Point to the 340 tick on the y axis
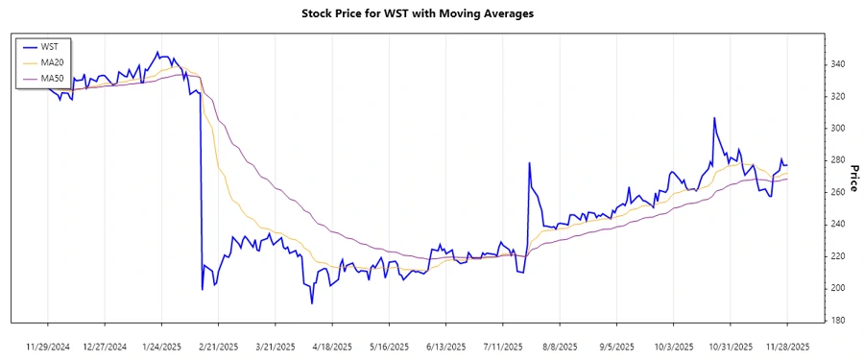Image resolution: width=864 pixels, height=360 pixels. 838,64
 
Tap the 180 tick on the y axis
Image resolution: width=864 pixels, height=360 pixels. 838,320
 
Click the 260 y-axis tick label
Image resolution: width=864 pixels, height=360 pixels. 838,192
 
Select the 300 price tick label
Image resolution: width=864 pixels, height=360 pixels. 838,128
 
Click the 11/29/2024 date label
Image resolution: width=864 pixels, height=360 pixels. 47,346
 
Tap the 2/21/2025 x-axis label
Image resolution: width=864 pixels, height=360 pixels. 219,346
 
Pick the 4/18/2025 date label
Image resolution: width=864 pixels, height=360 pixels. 332,346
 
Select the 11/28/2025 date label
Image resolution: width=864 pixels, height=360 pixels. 787,346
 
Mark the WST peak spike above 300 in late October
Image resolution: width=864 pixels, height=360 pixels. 714,118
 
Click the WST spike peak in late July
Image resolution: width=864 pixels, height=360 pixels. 530,163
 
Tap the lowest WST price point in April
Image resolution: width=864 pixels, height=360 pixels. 312,303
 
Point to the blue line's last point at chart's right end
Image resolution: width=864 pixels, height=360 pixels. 788,165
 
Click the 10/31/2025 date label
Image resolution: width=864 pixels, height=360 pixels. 731,346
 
